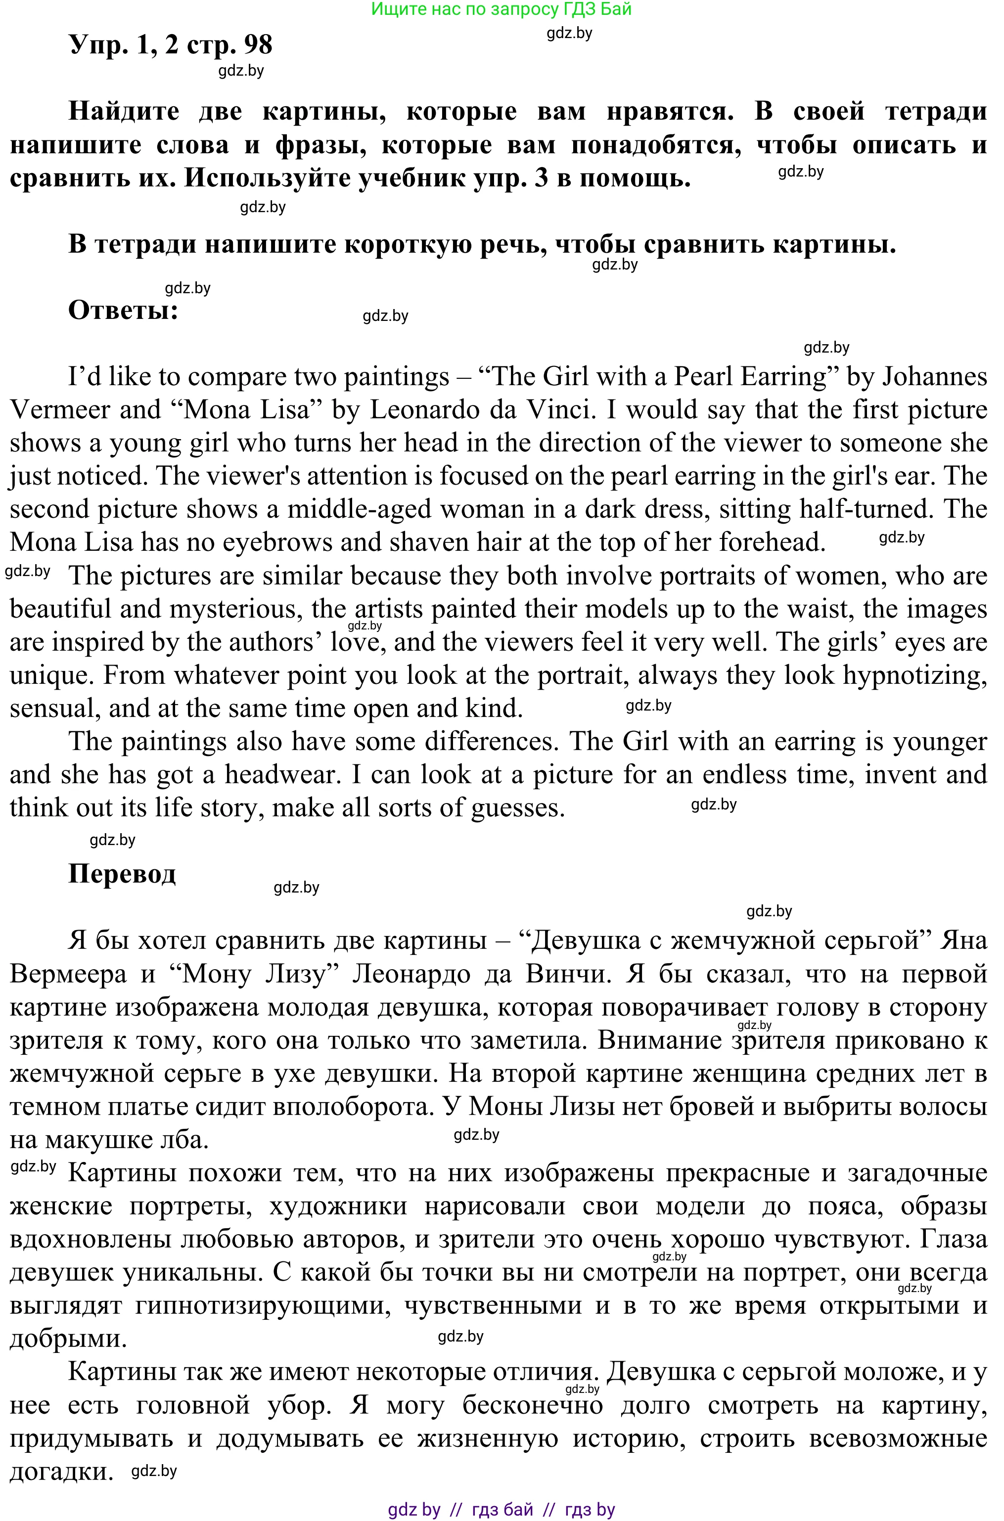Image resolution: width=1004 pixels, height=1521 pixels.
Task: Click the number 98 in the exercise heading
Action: pyautogui.click(x=257, y=45)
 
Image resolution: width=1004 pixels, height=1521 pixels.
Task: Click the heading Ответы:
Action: pyautogui.click(x=123, y=311)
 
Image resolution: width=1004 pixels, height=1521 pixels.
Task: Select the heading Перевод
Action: pyautogui.click(x=122, y=873)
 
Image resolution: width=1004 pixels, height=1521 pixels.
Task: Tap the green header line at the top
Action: pyautogui.click(x=502, y=9)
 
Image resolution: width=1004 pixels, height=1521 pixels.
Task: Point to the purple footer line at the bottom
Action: pyautogui.click(x=502, y=1510)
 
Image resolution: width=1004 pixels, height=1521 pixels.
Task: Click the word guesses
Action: pyautogui.click(x=517, y=808)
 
